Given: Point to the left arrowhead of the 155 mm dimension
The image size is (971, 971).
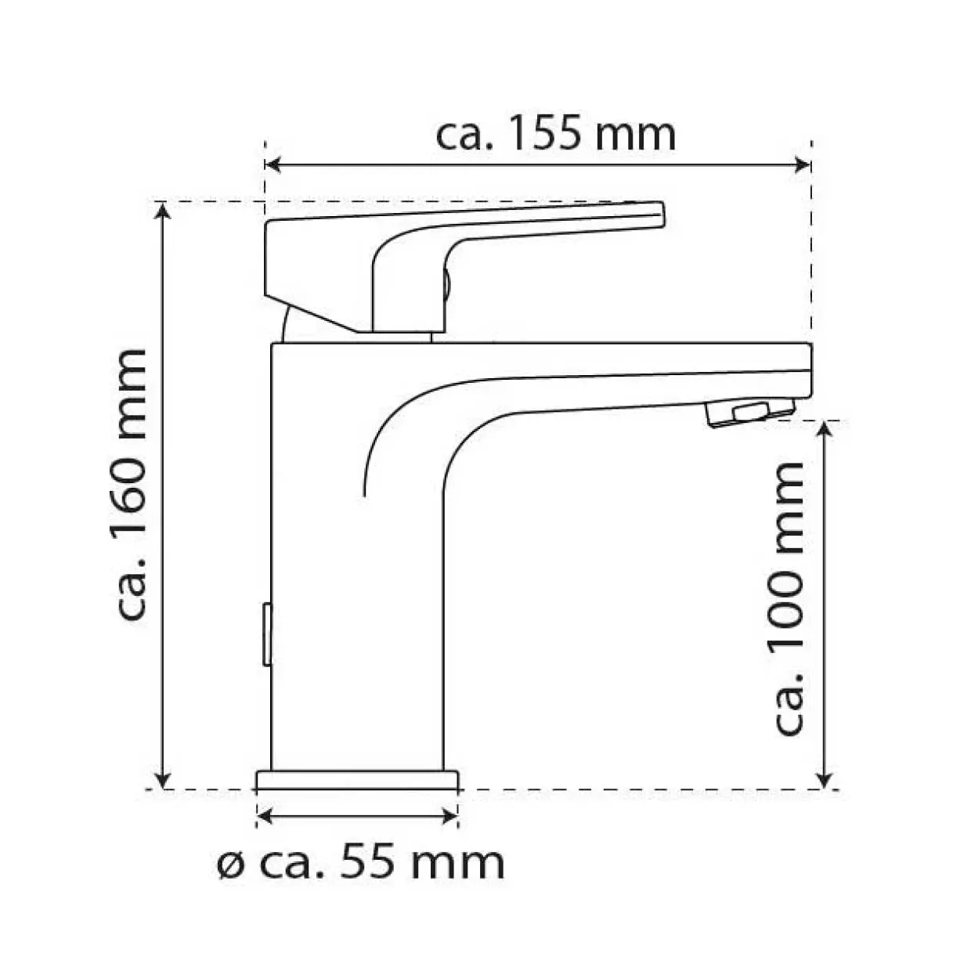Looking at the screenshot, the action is point(273,164).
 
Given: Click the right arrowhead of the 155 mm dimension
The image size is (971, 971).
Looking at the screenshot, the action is point(802,164).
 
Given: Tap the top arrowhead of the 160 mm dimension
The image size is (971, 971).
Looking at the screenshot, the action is point(162,211).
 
